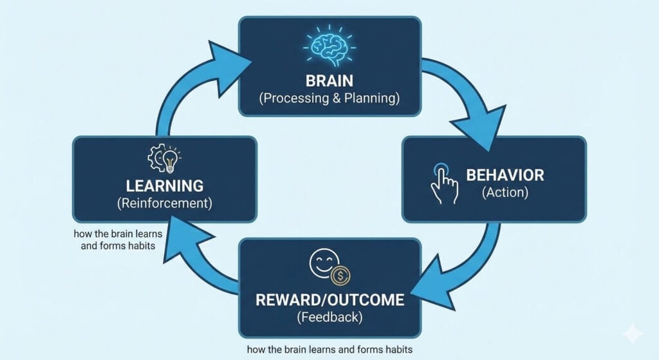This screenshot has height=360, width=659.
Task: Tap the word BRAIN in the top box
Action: [330, 81]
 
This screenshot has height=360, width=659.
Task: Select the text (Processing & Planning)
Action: [330, 99]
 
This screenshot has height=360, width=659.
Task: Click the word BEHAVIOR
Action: [505, 175]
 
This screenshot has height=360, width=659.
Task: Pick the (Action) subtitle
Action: [505, 192]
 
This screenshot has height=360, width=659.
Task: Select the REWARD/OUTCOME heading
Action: [330, 300]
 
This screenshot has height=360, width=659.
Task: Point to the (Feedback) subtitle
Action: [330, 317]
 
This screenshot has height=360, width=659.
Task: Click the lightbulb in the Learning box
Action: [171, 159]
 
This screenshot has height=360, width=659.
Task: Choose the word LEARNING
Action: [165, 186]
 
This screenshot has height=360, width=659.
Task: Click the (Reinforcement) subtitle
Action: [165, 204]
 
